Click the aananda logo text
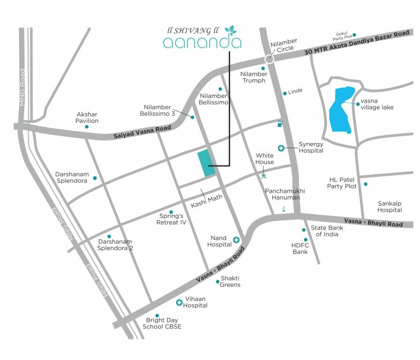202,43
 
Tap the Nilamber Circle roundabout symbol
269,59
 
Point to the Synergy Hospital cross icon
281,148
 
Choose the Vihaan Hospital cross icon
179,302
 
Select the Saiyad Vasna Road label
143,132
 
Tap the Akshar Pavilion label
87,117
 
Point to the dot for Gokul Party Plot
354,35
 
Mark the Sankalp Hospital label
390,206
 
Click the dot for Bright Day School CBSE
157,315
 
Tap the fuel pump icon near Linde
279,124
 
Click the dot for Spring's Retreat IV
171,212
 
